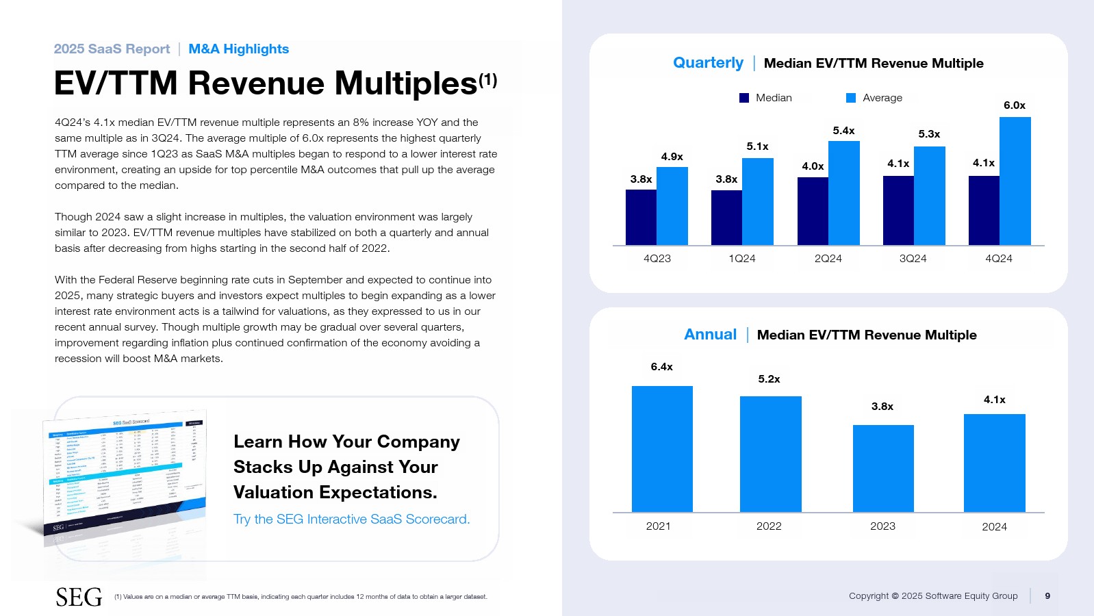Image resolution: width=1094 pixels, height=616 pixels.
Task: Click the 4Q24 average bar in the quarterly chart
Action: tap(1015, 181)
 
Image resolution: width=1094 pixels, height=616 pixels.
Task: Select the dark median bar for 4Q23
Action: tap(641, 218)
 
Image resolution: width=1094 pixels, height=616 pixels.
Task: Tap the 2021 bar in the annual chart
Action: tap(662, 449)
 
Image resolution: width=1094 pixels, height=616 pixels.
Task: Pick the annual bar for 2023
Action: tap(883, 468)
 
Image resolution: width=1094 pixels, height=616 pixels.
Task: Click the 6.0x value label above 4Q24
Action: tap(1014, 105)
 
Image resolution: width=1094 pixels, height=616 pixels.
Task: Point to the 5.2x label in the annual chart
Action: tap(769, 379)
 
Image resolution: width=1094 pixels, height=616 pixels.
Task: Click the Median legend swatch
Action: tap(744, 98)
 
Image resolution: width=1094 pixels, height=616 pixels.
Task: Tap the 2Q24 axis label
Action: tap(828, 259)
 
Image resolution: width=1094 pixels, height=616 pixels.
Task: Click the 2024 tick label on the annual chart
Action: tap(994, 526)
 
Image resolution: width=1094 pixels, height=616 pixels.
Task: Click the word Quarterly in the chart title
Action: tap(708, 63)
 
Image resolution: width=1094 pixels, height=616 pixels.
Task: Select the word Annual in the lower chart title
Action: tap(710, 335)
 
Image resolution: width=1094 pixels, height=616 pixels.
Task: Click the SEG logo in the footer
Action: tap(79, 598)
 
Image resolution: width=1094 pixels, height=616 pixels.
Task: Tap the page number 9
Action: tap(1047, 596)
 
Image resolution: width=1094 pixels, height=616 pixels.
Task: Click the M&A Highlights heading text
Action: tap(238, 49)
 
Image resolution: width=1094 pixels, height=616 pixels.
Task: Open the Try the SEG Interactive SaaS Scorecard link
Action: tap(351, 519)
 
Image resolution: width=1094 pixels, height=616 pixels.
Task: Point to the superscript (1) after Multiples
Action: tap(488, 80)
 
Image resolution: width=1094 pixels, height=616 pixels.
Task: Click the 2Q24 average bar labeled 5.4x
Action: tap(843, 193)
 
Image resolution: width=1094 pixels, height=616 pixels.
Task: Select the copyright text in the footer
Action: tap(932, 596)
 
